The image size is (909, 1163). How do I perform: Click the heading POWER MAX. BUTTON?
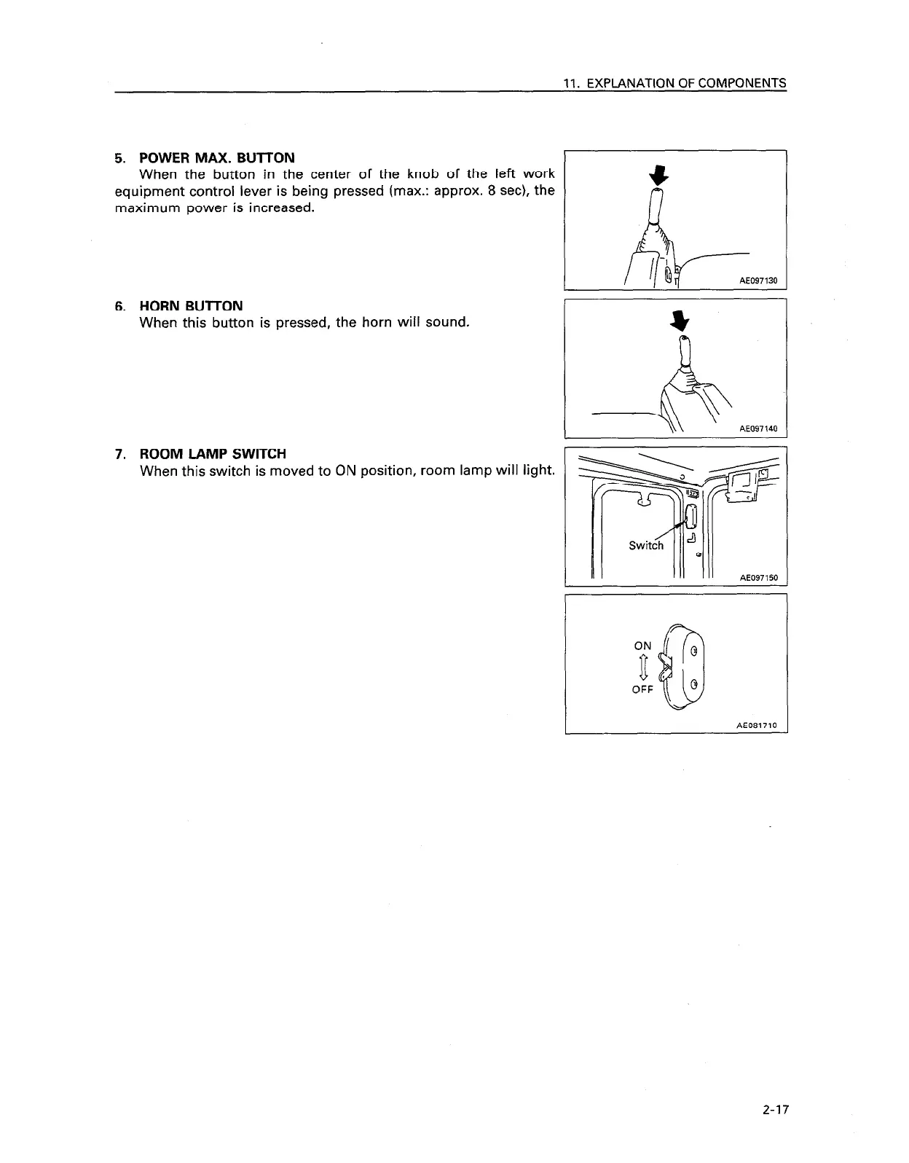216,158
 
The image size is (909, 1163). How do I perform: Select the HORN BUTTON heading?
191,306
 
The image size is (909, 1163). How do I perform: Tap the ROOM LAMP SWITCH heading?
213,455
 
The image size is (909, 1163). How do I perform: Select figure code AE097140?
758,429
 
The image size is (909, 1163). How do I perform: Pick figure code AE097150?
758,578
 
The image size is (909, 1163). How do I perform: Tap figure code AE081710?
757,725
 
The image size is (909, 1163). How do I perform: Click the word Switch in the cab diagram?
646,546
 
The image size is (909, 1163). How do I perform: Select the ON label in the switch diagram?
642,646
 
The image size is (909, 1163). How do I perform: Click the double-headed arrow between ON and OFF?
643,667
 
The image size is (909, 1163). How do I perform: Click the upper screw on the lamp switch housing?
694,650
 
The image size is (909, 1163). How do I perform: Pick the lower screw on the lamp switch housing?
694,684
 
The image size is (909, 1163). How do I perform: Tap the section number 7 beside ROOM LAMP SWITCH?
119,455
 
